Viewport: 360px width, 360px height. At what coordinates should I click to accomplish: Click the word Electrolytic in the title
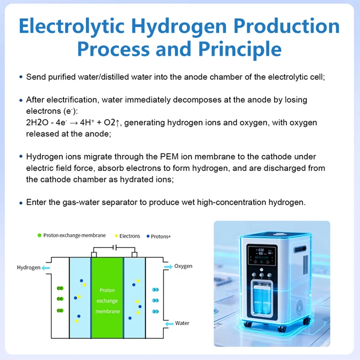point(72,26)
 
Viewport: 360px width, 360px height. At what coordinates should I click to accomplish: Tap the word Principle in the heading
point(240,49)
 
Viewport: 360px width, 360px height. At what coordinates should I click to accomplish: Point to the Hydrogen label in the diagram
point(29,267)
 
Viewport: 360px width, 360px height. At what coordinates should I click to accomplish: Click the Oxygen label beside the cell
point(183,266)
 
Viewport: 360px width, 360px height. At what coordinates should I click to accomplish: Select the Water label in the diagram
point(182,323)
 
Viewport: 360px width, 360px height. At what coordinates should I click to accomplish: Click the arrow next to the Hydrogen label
point(46,268)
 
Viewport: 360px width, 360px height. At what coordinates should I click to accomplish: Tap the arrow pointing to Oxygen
point(168,266)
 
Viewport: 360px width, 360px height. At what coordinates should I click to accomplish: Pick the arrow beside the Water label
point(170,324)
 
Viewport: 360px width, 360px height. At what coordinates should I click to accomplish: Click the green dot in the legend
point(40,235)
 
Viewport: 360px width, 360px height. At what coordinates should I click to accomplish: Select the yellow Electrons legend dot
point(117,236)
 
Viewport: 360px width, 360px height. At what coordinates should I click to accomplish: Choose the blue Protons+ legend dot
point(148,236)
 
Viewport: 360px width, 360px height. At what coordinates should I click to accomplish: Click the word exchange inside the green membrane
point(107,301)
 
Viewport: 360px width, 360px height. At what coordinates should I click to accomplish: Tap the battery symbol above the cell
point(115,247)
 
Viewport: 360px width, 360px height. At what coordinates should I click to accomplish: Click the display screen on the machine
point(262,255)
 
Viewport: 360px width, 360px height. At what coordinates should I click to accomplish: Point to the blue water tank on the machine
point(262,298)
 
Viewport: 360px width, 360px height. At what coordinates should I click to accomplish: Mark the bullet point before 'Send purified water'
point(21,77)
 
